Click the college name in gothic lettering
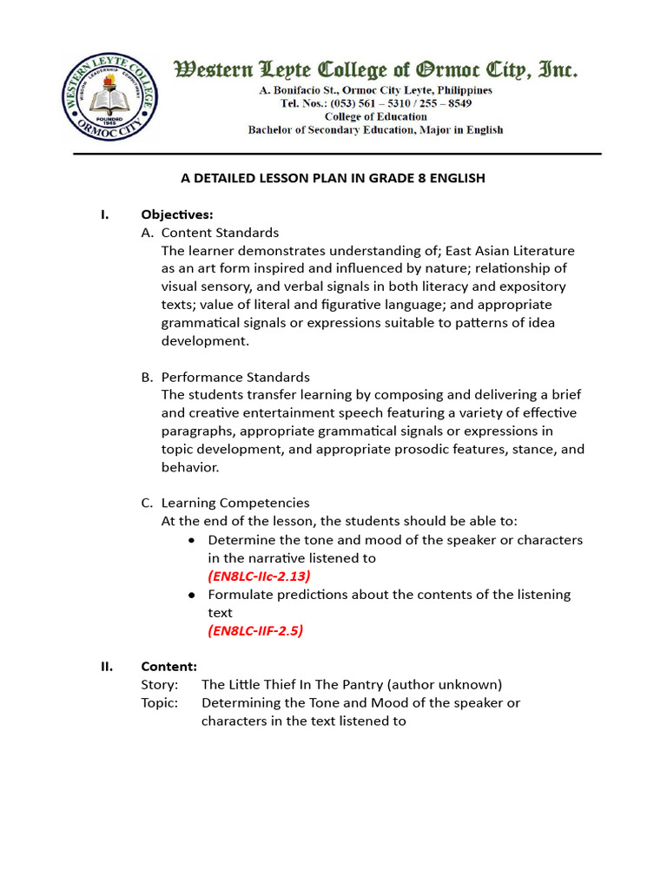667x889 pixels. (x=376, y=69)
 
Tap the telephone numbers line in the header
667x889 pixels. (x=375, y=103)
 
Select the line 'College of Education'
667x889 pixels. (x=375, y=116)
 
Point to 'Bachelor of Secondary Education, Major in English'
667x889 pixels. (x=375, y=130)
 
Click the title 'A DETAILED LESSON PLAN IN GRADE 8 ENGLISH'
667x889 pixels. (x=333, y=178)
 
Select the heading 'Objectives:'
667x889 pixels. (x=177, y=214)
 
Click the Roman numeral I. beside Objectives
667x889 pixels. (x=104, y=214)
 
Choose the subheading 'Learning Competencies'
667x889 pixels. (x=234, y=503)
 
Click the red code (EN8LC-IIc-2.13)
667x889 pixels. (x=259, y=576)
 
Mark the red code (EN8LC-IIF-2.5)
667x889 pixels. (x=255, y=631)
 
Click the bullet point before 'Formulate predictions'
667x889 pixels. (x=192, y=595)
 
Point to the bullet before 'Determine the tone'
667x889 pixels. (x=192, y=540)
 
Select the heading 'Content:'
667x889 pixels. (x=169, y=667)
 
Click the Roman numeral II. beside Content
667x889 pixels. (x=107, y=667)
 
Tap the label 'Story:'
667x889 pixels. (x=160, y=684)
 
